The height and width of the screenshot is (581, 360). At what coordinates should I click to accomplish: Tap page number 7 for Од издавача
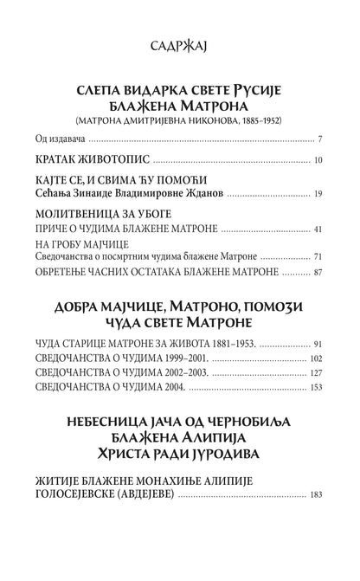[x=319, y=139]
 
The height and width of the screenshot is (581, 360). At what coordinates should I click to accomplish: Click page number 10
[x=318, y=160]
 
